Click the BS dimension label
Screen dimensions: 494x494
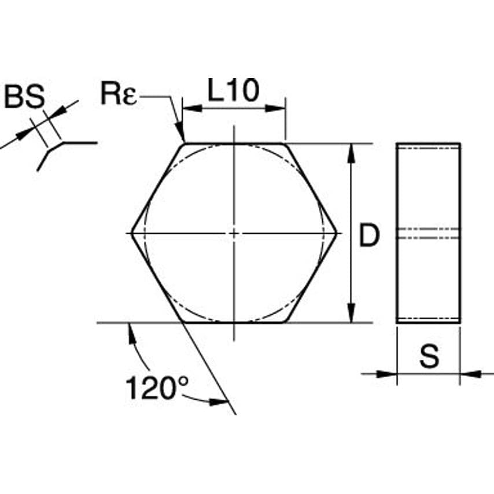[24, 97]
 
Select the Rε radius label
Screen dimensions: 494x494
[119, 93]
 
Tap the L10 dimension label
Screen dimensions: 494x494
[234, 90]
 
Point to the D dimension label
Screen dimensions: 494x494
[369, 235]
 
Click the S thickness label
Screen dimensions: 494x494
[429, 356]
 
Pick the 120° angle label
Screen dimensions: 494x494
[157, 388]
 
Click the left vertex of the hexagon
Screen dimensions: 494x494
[131, 233]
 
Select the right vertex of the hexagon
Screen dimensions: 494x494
[337, 234]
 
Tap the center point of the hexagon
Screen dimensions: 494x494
[234, 234]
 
